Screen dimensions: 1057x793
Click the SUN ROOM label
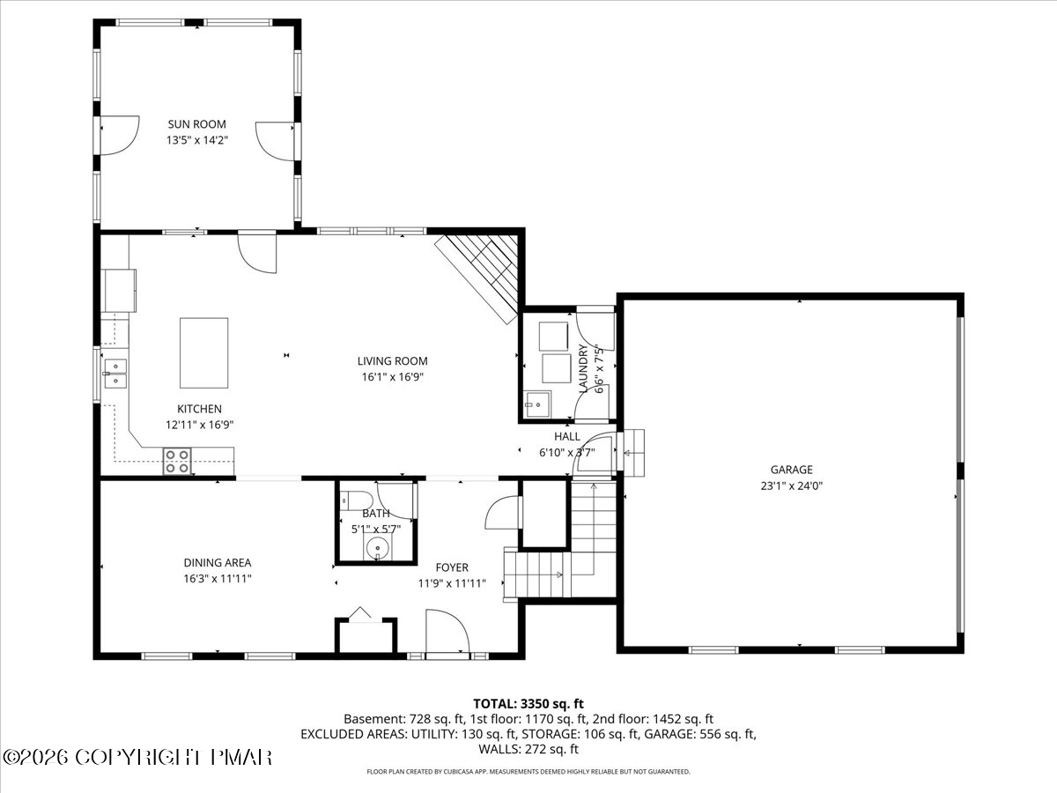click(x=196, y=124)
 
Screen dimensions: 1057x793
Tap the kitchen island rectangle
click(x=203, y=353)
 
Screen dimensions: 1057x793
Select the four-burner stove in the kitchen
click(x=177, y=461)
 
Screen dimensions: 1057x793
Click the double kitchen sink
click(x=115, y=373)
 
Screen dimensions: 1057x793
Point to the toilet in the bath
click(x=356, y=500)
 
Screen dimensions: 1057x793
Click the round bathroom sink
click(x=378, y=548)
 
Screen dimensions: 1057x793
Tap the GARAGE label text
click(x=791, y=470)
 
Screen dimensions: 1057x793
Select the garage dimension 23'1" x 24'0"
click(x=791, y=485)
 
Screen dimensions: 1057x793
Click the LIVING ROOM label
click(x=392, y=361)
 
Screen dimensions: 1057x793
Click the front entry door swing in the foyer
click(x=447, y=631)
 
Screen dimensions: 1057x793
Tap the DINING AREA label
click(x=218, y=562)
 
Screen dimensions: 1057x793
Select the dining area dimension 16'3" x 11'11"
click(x=218, y=578)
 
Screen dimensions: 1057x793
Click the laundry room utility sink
click(x=538, y=404)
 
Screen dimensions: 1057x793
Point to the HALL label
click(x=566, y=437)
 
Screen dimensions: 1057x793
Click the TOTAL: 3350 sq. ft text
click(x=528, y=704)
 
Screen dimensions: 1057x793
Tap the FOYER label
click(x=452, y=567)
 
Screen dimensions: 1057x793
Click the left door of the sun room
click(x=120, y=136)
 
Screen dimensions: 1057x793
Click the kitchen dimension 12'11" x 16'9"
click(x=199, y=426)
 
